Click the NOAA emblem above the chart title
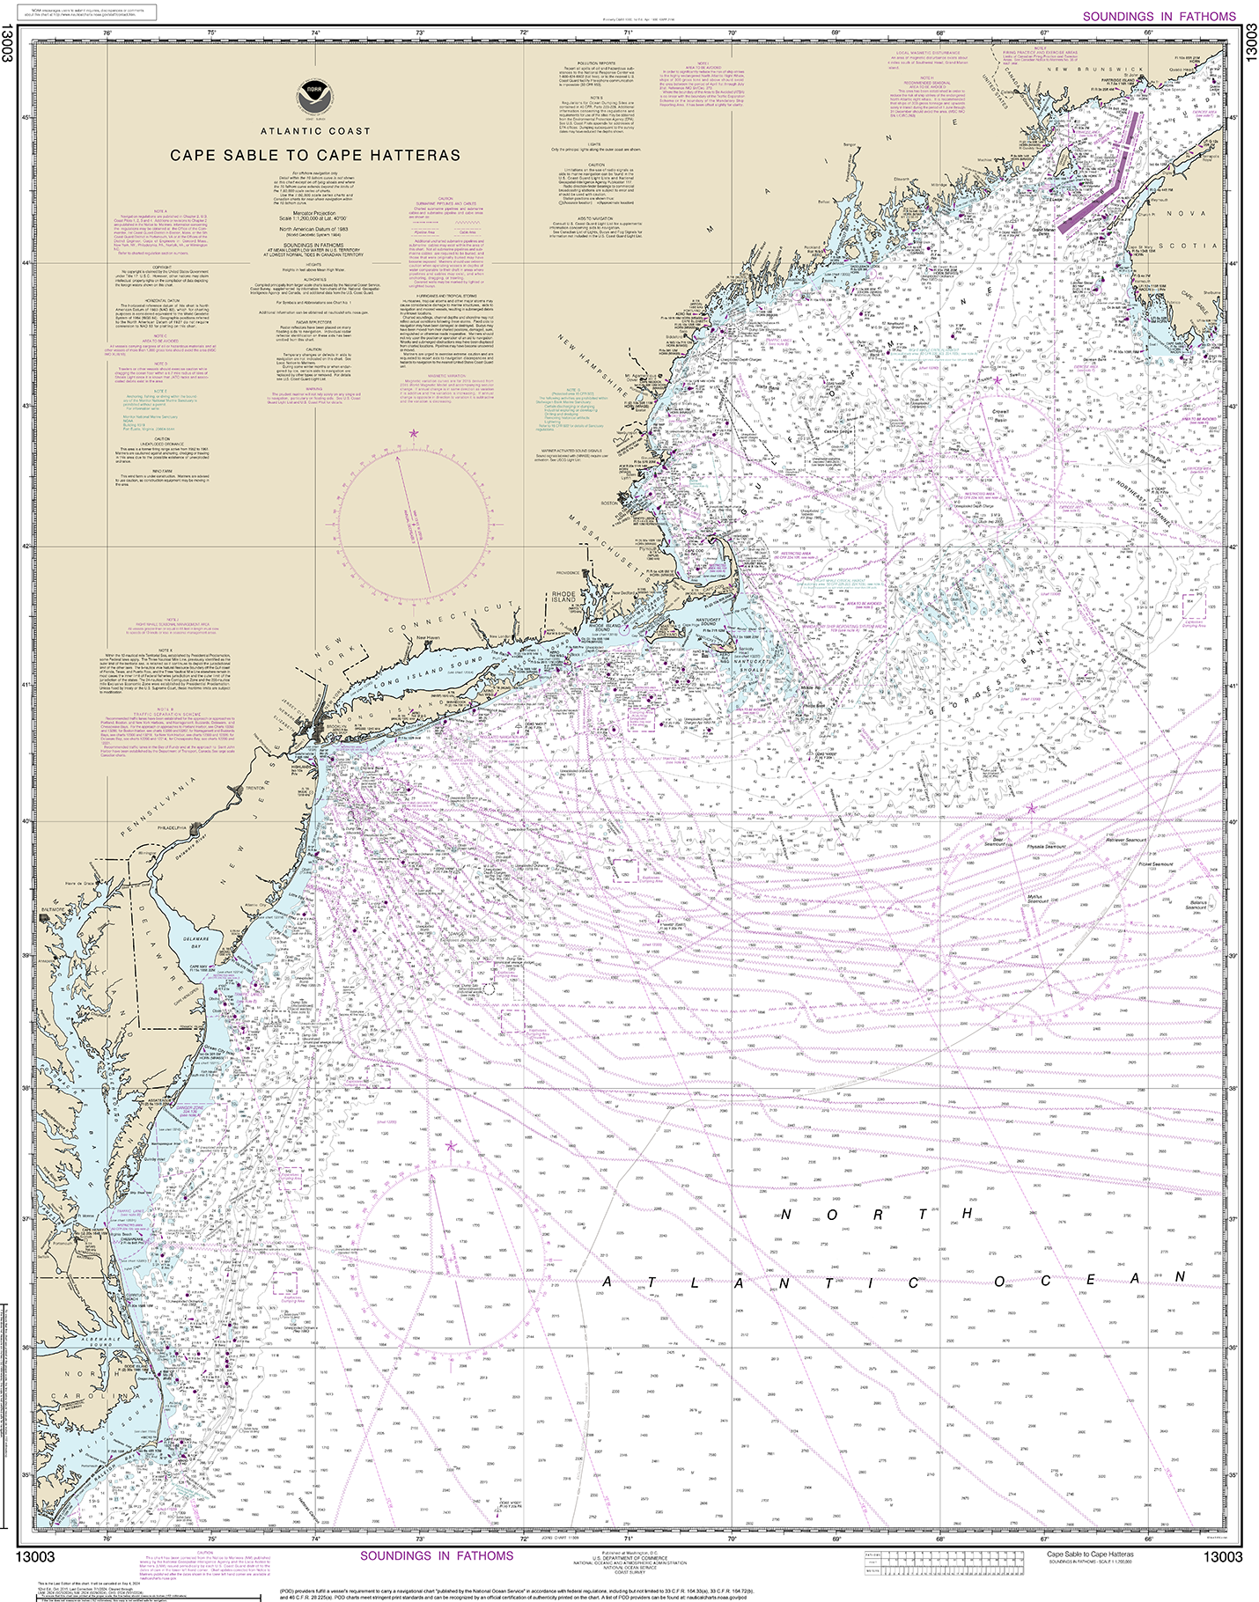309,94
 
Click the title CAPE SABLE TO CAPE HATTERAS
315,155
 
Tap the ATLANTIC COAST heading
315,131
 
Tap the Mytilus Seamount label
1038,899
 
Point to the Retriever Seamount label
1126,840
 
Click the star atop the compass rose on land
414,433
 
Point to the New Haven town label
427,637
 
